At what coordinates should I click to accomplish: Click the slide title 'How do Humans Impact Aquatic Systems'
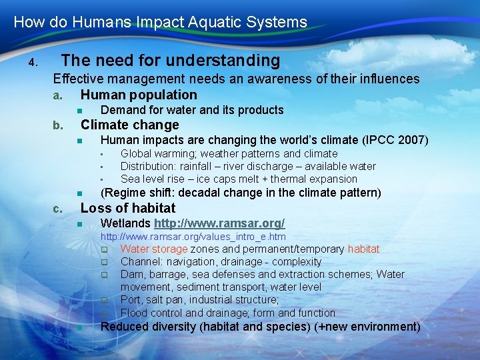point(160,22)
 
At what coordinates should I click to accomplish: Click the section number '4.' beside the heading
point(33,63)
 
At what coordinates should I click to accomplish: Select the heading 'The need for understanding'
point(171,61)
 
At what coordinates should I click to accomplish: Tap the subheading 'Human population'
point(139,95)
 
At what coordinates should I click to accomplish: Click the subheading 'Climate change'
point(129,125)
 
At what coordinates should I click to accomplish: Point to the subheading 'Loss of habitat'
point(128,208)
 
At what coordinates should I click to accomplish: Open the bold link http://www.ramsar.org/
point(219,223)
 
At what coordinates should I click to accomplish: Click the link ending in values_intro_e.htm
point(193,237)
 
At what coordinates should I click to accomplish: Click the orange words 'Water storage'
point(154,249)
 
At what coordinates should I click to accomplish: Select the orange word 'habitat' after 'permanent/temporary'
point(363,249)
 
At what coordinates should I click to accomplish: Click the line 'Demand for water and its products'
point(192,110)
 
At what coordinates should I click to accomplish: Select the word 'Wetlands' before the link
point(125,223)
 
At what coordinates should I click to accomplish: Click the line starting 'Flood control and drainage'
point(228,313)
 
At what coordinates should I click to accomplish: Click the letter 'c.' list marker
point(58,209)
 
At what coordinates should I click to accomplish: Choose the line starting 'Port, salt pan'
point(199,300)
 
